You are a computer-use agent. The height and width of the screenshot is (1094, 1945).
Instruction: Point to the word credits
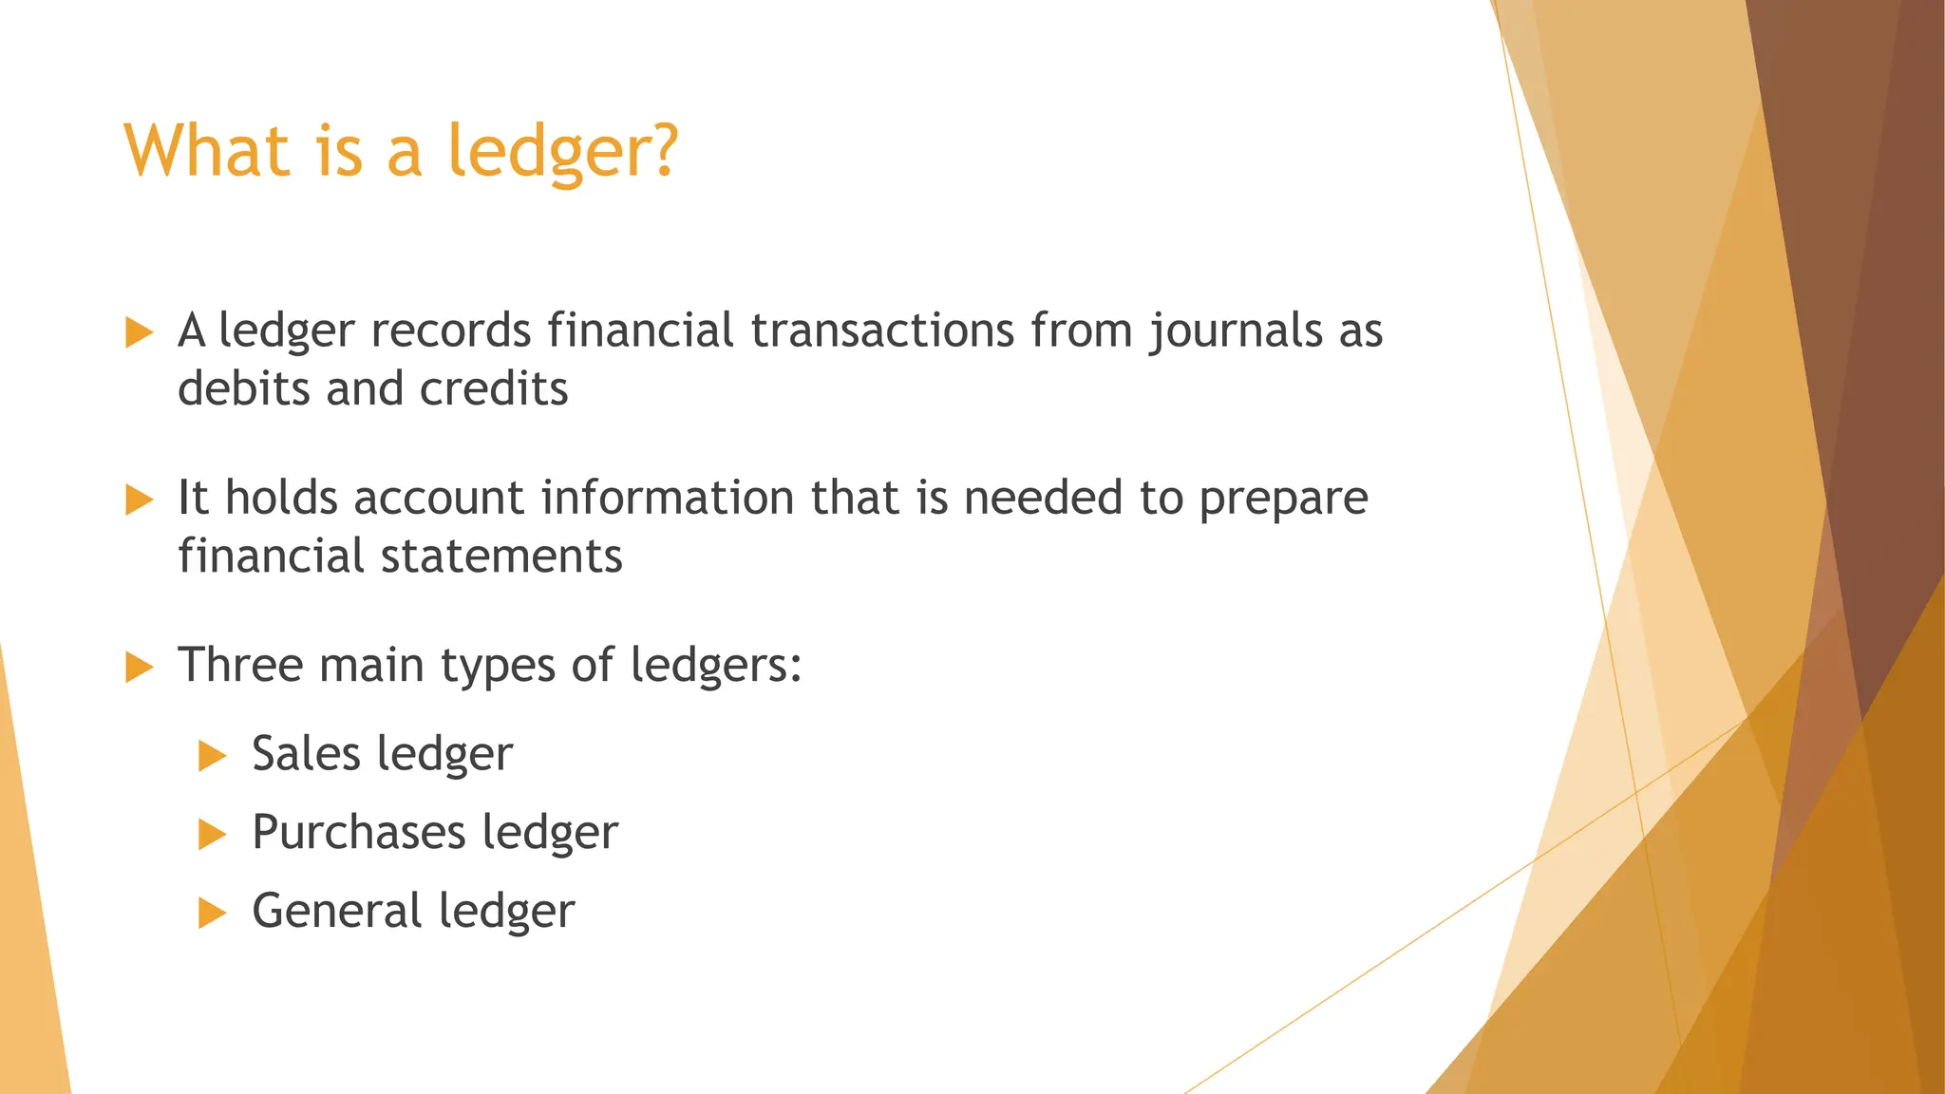494,389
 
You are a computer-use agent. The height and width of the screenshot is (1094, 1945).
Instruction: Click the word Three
240,665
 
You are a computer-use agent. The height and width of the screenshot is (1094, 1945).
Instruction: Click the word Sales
306,754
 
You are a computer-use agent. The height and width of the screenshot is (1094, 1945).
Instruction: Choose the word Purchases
359,833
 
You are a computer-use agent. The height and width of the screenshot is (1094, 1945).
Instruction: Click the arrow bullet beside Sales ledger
212,757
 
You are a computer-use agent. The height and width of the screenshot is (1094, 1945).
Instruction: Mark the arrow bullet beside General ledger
212,914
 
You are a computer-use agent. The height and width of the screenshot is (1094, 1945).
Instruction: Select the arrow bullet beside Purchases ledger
212,836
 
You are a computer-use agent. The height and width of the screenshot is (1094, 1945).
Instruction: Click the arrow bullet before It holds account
139,500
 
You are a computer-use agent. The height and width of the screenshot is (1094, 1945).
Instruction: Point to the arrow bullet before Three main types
139,667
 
